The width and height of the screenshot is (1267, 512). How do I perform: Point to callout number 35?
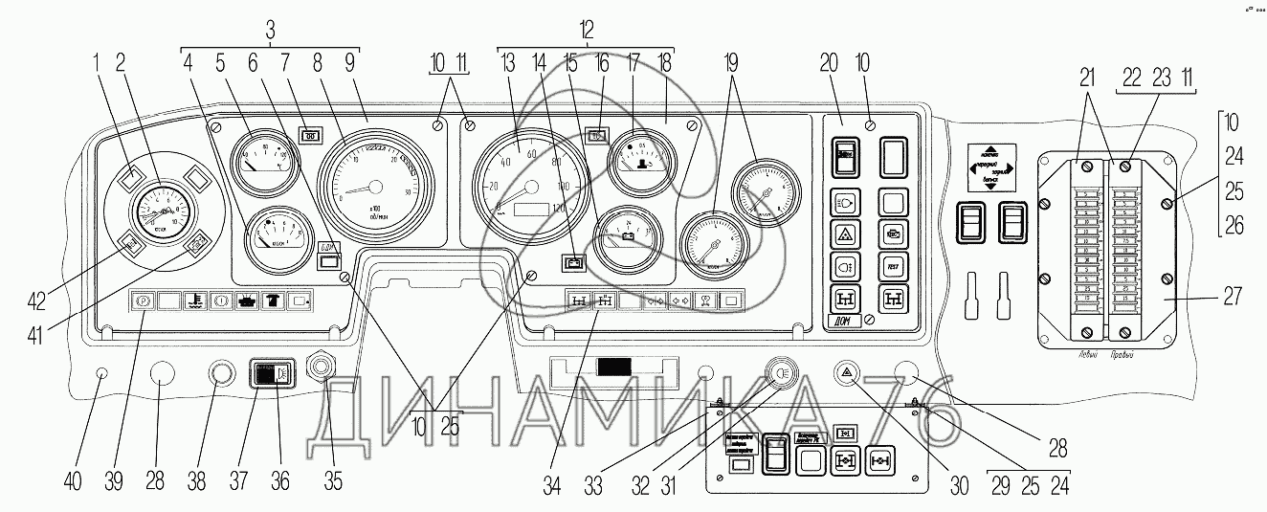click(x=331, y=481)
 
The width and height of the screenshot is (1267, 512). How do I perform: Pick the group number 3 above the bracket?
click(x=271, y=30)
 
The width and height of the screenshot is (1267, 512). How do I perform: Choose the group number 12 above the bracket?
click(x=586, y=30)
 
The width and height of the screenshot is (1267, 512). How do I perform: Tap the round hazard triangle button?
click(x=846, y=373)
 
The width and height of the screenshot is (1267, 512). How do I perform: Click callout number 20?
click(x=829, y=64)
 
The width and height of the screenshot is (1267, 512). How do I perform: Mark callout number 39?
click(x=114, y=481)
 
